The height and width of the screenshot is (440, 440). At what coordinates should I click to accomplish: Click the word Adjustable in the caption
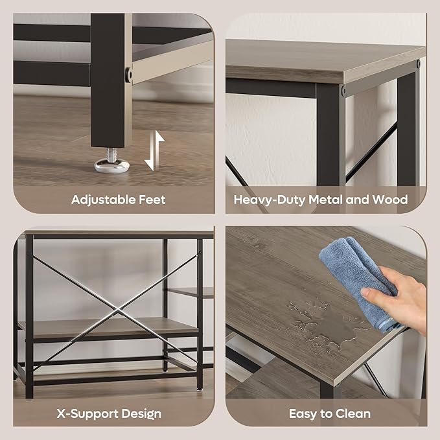[103, 200]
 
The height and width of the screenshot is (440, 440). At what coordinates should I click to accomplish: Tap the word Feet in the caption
[152, 200]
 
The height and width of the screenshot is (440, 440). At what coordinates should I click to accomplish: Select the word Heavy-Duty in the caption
[270, 200]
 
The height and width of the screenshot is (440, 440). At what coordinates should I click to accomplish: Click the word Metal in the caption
[325, 200]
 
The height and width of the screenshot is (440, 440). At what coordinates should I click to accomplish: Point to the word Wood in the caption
[389, 200]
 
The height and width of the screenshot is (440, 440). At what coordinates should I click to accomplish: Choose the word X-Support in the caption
[87, 415]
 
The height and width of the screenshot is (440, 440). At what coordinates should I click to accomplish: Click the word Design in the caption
[141, 415]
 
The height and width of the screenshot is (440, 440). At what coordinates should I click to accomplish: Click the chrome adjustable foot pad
[111, 165]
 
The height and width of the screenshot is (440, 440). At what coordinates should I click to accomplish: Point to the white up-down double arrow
[154, 151]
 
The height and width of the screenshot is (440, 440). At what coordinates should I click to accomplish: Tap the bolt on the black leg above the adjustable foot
[128, 75]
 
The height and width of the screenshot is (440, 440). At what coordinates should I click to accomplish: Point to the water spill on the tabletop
[325, 323]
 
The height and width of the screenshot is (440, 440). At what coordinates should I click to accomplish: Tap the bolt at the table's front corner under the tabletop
[343, 90]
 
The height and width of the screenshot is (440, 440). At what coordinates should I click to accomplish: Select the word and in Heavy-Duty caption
[357, 200]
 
